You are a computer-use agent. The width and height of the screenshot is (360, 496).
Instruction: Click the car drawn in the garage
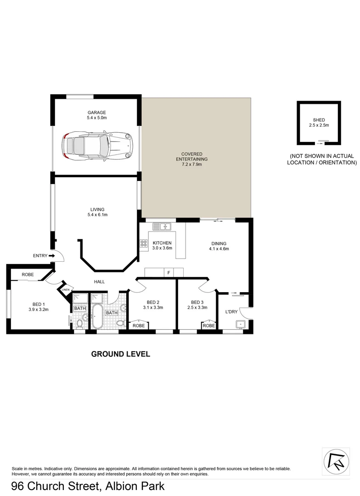pos(97,146)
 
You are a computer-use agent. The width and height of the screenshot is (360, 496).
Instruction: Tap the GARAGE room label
pos(97,112)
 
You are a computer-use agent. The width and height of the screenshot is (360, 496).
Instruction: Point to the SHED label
pos(319,120)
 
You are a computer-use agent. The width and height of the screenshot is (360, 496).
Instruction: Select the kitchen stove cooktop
pos(142,243)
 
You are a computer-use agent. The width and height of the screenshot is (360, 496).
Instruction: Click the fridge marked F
pos(169,273)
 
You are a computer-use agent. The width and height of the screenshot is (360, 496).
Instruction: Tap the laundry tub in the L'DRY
pos(240,324)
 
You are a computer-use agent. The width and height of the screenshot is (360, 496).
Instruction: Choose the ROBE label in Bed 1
pos(28,275)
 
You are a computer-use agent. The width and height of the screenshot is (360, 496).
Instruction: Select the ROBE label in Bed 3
pos(209,325)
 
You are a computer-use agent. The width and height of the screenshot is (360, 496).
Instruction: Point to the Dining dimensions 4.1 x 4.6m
pos(219,249)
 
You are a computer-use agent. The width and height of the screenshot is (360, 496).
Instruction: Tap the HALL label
pos(100,282)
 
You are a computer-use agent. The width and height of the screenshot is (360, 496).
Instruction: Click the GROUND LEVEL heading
pos(121,354)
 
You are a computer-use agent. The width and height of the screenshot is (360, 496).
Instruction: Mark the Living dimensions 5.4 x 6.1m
pos(98,214)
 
